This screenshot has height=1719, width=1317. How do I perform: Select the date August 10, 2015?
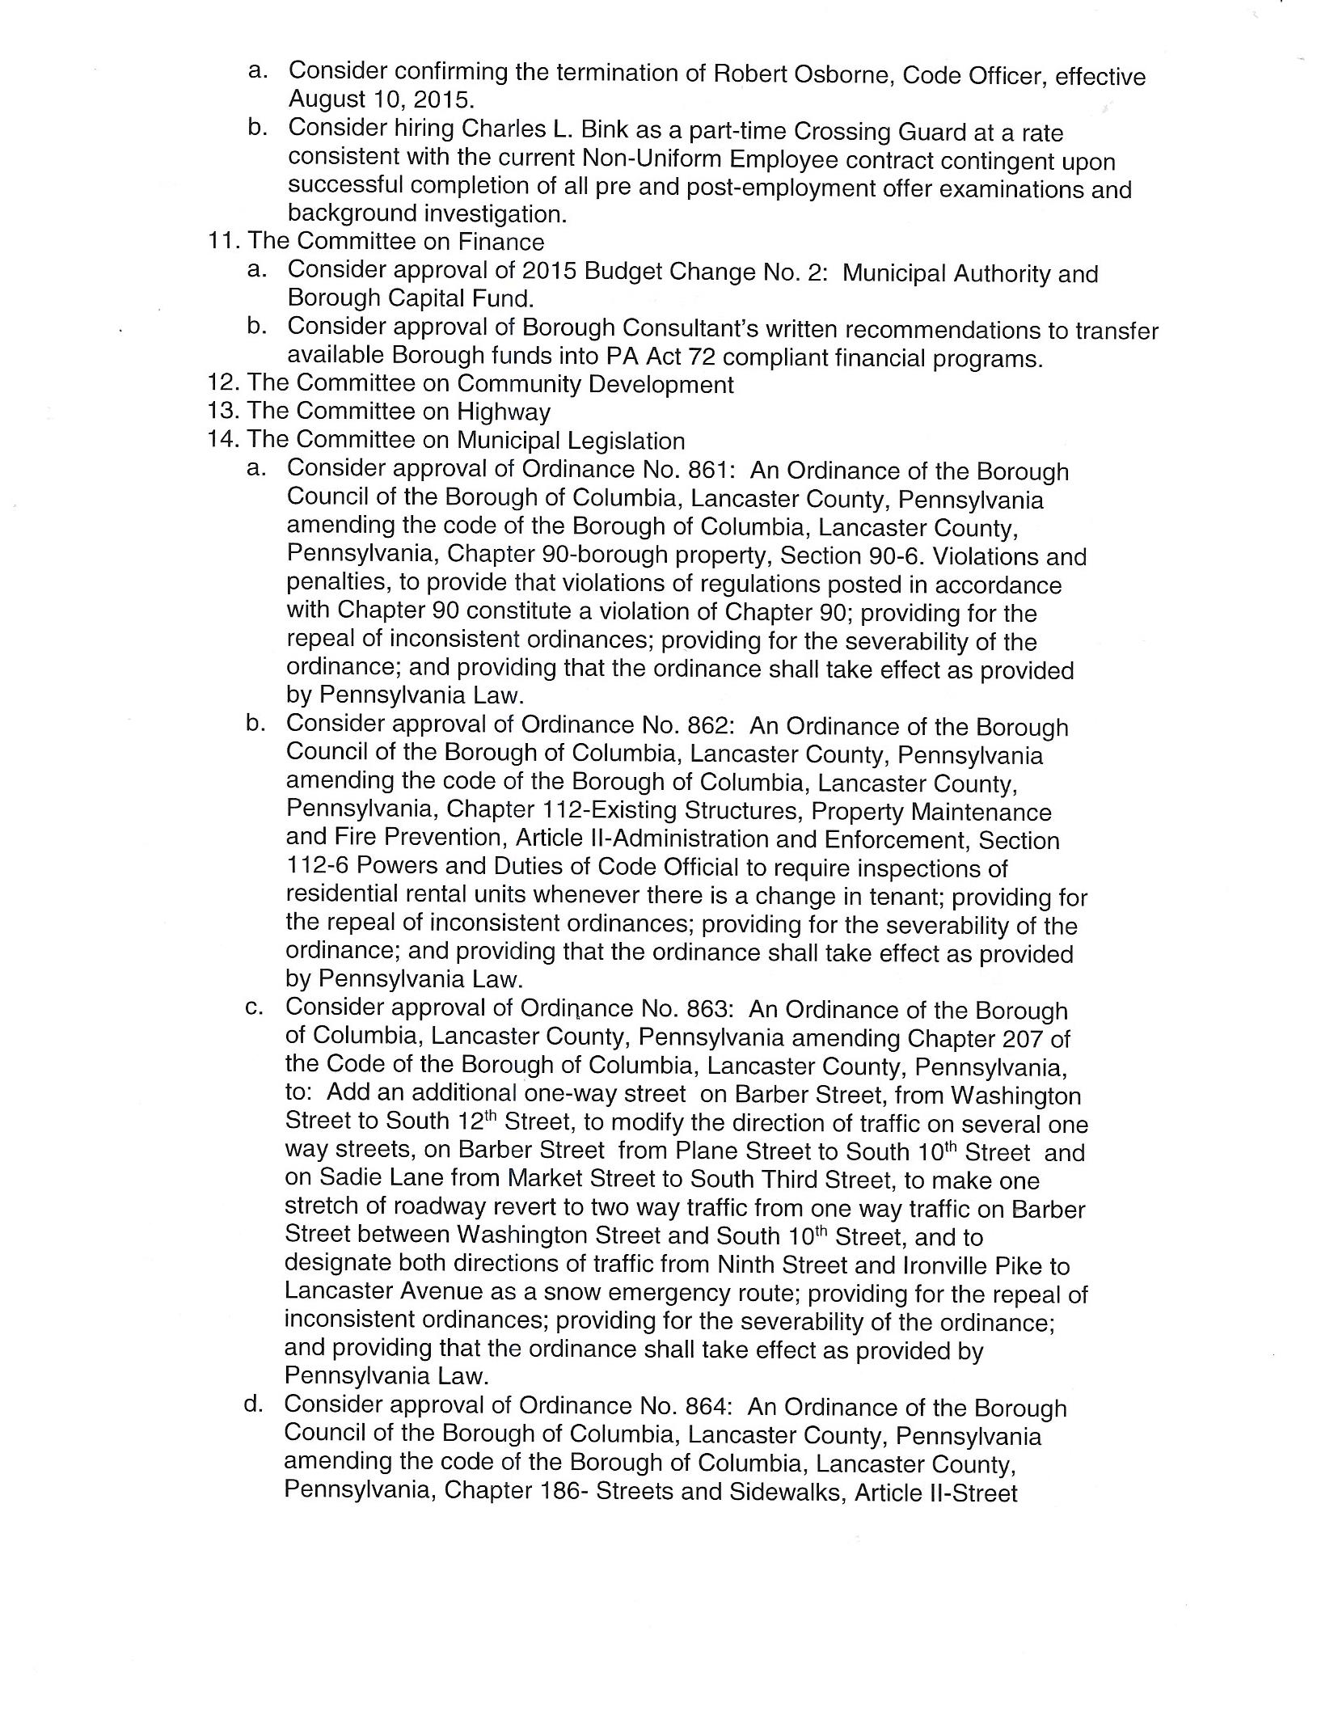tap(381, 100)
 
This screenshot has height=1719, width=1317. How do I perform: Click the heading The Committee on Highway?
tap(399, 412)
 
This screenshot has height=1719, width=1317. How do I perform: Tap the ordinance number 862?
tap(704, 725)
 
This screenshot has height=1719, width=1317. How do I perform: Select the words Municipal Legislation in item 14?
tap(571, 441)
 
